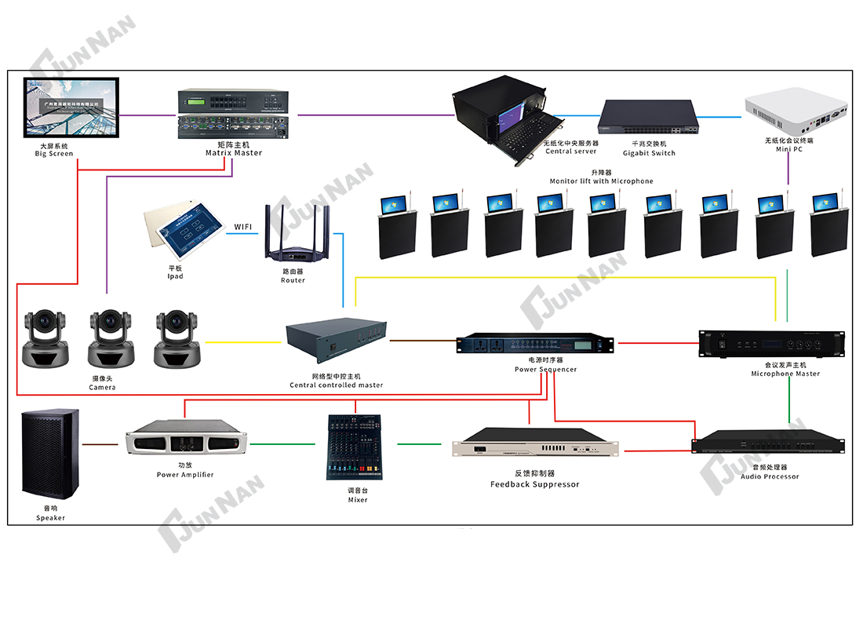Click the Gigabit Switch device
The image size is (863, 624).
(x=649, y=119)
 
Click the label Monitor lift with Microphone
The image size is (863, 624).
(x=602, y=181)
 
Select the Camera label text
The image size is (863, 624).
(x=102, y=388)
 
